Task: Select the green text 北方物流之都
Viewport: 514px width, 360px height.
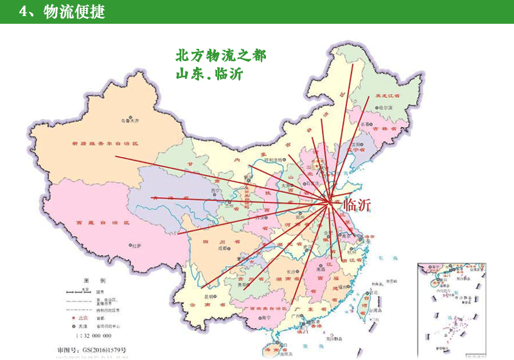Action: [220, 55]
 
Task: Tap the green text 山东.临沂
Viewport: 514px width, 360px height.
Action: [209, 73]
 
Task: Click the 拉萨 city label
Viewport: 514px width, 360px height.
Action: [136, 246]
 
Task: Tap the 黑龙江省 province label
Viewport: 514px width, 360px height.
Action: [389, 94]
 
